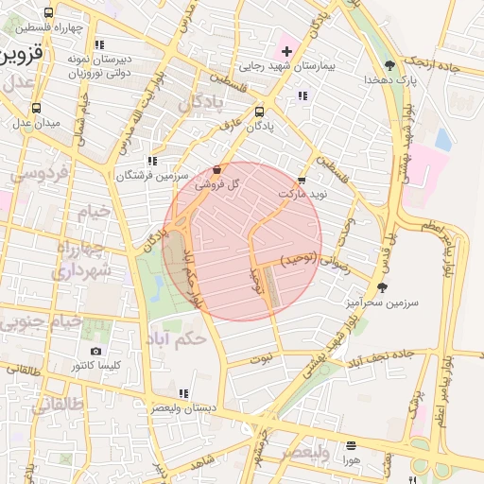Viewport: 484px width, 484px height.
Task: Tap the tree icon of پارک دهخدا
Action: click(x=389, y=65)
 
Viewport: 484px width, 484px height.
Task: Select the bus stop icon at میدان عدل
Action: click(x=37, y=108)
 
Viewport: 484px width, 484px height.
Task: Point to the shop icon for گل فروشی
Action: click(x=218, y=170)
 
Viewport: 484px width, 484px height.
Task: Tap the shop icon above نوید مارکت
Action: click(x=302, y=179)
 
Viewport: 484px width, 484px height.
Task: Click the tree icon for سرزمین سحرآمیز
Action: click(x=382, y=287)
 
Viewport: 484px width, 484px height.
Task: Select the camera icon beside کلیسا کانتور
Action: click(x=95, y=352)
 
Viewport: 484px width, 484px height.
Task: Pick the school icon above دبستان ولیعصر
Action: click(x=183, y=393)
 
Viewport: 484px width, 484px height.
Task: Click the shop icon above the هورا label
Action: click(x=352, y=444)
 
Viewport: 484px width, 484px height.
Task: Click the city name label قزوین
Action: click(x=21, y=54)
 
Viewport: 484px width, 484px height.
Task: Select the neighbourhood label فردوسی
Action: click(x=38, y=174)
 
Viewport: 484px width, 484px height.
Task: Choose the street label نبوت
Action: click(x=262, y=359)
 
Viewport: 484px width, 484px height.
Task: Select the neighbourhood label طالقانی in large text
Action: click(x=56, y=405)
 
